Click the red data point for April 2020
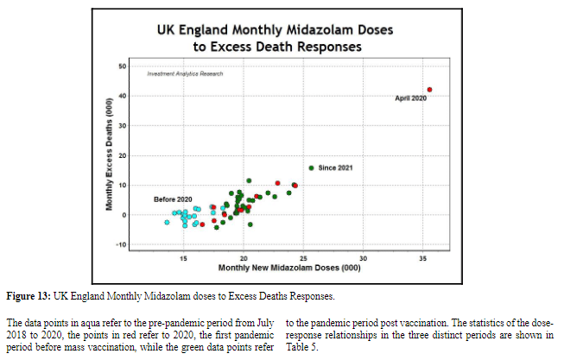(429, 90)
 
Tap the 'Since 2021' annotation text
(335, 167)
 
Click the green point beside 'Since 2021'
(311, 167)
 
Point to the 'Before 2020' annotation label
(173, 199)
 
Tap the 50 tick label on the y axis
(123, 66)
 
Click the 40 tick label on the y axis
(123, 96)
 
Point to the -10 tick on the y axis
(122, 244)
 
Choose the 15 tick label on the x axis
(184, 259)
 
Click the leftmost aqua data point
(167, 222)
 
